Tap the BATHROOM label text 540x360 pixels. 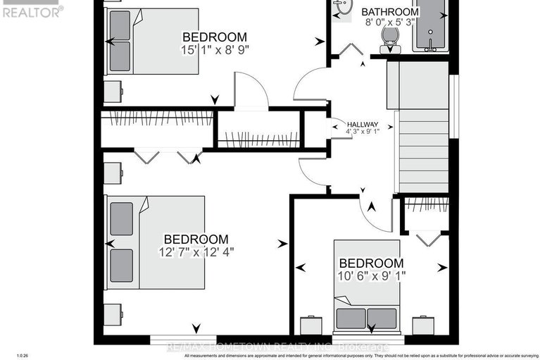click(390, 12)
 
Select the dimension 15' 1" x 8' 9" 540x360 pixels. click(215, 49)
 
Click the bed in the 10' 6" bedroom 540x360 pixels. click(367, 309)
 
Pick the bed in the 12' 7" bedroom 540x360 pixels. click(156, 242)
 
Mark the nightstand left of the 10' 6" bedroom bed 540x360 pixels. click(310, 325)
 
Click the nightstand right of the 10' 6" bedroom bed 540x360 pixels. click(423, 325)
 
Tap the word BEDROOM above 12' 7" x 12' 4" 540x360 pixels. click(196, 240)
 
